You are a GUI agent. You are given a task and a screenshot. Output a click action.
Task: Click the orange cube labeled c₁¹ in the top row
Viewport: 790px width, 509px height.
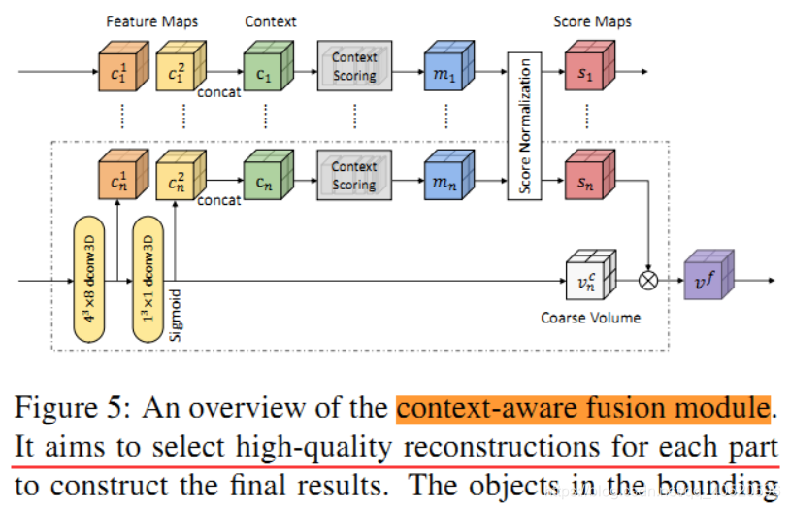(x=117, y=70)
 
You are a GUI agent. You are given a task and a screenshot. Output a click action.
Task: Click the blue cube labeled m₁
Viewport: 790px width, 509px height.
(x=444, y=70)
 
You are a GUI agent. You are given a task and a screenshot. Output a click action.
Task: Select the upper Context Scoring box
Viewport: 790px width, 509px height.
(x=354, y=67)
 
